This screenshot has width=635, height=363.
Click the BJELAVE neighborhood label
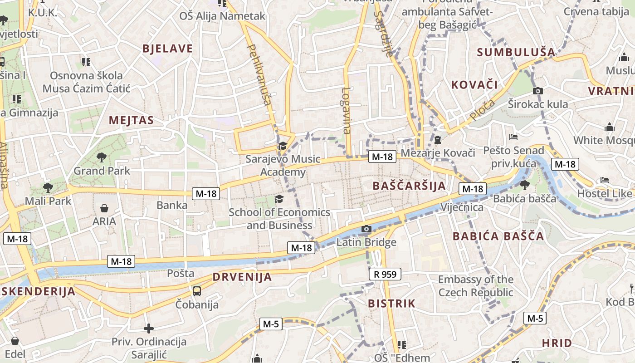pos(167,49)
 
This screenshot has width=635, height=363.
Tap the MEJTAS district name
pos(131,120)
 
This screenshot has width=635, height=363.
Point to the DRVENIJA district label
pos(242,277)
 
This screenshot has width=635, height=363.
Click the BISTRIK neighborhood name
pos(391,304)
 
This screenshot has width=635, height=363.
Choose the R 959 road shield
pos(385,274)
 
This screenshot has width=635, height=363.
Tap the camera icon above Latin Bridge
pos(366,229)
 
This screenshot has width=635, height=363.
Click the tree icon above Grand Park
pos(101,157)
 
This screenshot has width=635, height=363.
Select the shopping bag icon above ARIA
pos(104,208)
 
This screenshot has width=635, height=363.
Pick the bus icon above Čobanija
pos(197,291)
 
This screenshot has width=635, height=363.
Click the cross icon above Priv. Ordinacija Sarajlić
pos(149,328)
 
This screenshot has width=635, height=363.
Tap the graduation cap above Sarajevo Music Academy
pos(283,146)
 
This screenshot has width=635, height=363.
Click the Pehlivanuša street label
pos(260,74)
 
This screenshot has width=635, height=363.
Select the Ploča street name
pos(482,110)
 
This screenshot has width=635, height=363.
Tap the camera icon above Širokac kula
pos(537,91)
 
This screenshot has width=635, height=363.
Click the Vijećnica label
pos(462,207)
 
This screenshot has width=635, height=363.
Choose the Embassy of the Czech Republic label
pos(475,286)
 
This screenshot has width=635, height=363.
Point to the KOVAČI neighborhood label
pos(474,84)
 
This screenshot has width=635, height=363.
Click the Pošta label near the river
pos(181,273)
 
